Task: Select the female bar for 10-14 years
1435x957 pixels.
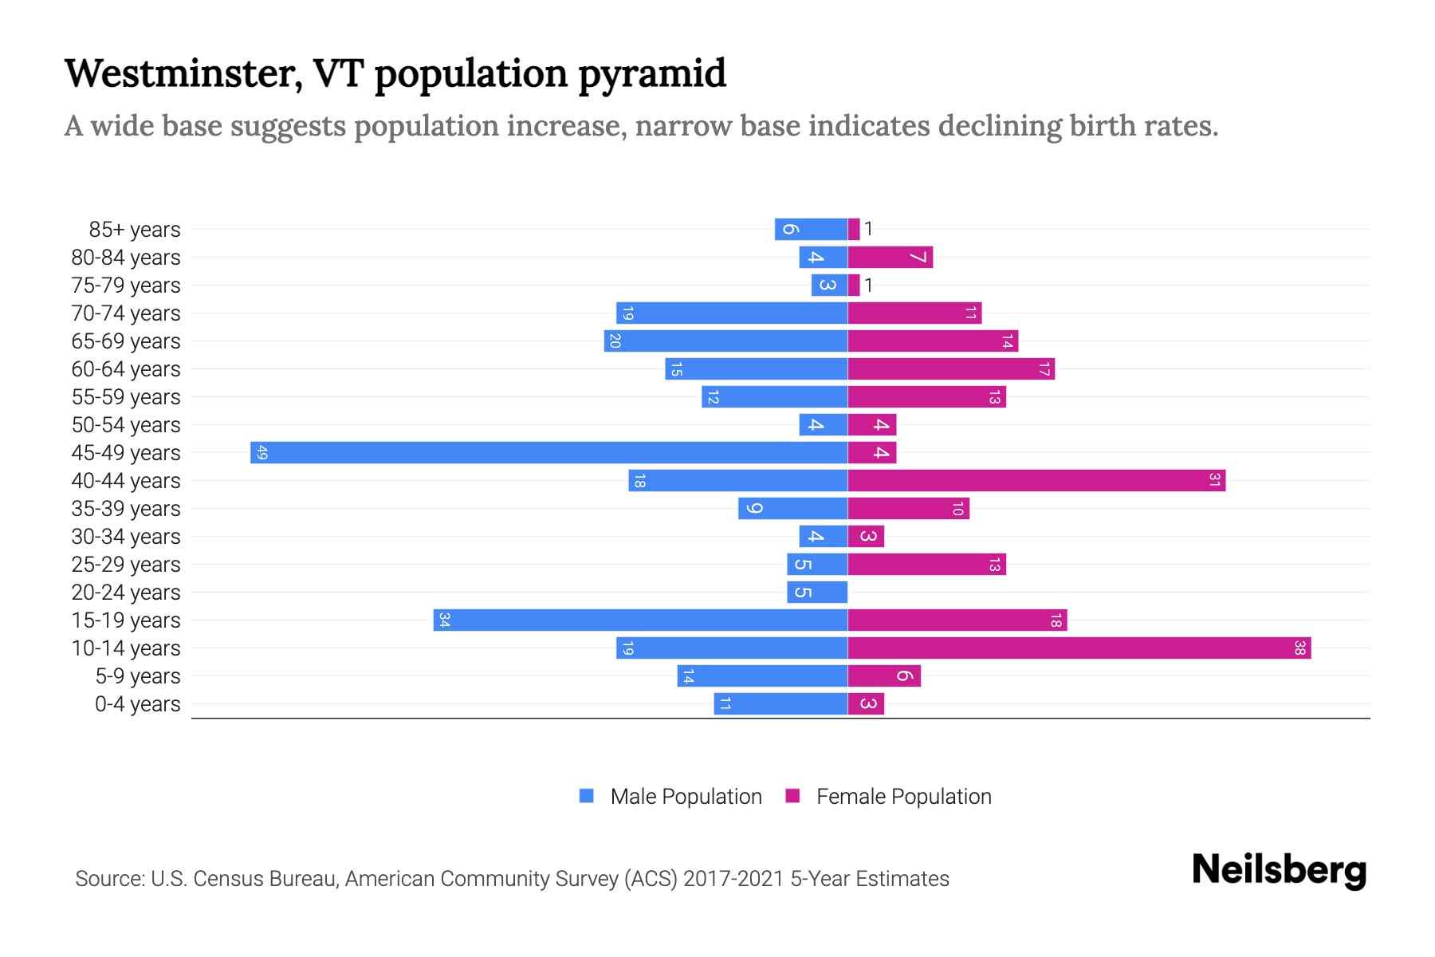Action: [x=1079, y=648]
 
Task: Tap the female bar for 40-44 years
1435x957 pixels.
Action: [x=1036, y=481]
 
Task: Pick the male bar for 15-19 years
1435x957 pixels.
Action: [x=640, y=620]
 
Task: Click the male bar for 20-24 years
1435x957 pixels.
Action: [x=817, y=593]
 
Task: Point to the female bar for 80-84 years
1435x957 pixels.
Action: [x=890, y=258]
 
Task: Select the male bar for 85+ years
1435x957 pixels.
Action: [x=811, y=230]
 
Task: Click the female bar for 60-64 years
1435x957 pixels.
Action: [x=951, y=369]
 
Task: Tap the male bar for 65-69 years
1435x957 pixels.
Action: [x=725, y=341]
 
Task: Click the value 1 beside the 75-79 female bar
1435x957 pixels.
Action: [x=868, y=286]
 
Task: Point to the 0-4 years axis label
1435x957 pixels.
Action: [x=137, y=704]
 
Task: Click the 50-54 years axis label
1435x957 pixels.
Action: [x=126, y=425]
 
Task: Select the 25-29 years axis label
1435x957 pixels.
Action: [x=126, y=565]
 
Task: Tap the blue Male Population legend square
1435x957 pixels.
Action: [x=587, y=796]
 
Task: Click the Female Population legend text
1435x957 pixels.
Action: [x=903, y=797]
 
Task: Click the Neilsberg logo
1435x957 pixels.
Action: [x=1279, y=870]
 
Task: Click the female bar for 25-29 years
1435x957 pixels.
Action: [x=926, y=565]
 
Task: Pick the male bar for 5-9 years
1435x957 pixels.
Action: [x=762, y=676]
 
